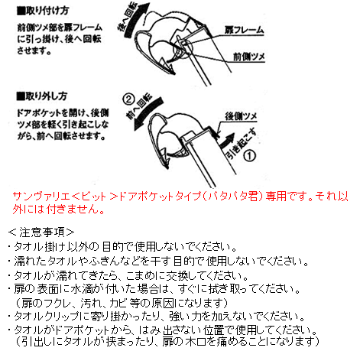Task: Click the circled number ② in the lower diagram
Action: pos(130,98)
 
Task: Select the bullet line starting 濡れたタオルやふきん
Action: pos(160,261)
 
